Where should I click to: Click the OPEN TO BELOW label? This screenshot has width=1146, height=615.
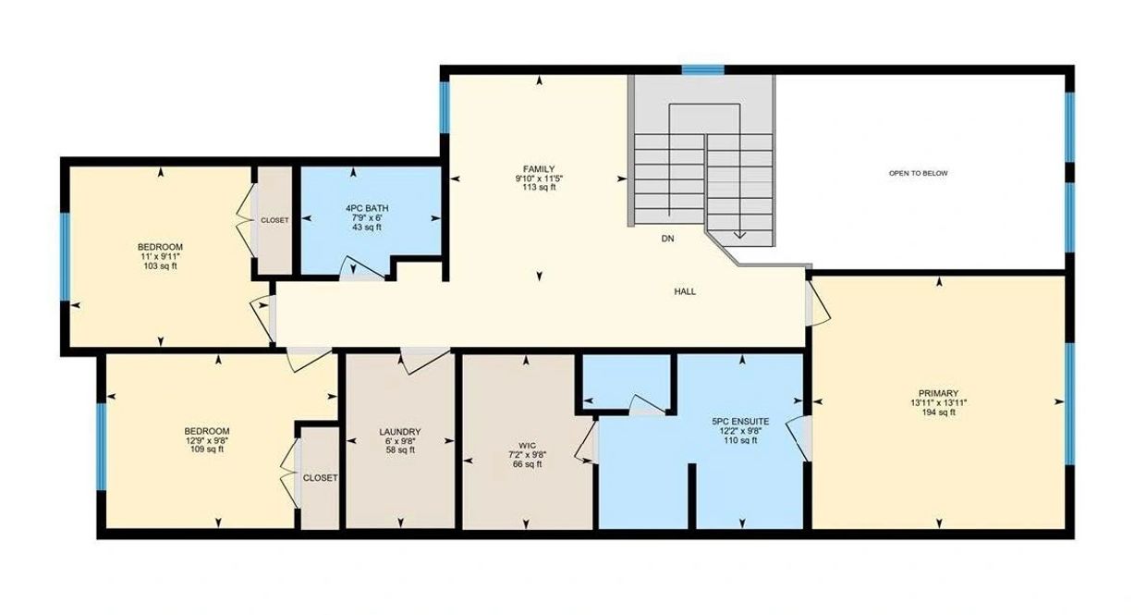click(918, 174)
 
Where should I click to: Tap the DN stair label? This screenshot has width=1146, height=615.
click(667, 239)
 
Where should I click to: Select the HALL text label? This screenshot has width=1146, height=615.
click(685, 292)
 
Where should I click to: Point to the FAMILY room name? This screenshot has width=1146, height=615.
click(539, 169)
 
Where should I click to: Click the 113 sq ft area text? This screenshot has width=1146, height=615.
click(539, 188)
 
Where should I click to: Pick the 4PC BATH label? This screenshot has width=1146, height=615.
click(367, 208)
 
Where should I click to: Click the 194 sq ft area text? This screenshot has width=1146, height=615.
click(938, 412)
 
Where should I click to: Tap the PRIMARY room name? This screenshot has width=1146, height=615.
click(938, 393)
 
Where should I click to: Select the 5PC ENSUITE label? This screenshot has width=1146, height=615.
click(740, 422)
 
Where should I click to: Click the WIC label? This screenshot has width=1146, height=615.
click(527, 446)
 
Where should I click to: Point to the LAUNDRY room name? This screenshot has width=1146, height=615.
click(400, 432)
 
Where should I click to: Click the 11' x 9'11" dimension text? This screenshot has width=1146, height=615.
click(161, 256)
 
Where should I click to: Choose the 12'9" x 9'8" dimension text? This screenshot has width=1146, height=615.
click(207, 440)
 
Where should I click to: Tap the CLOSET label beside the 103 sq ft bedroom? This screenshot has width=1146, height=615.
click(274, 220)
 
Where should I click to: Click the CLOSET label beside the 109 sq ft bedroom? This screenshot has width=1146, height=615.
click(321, 478)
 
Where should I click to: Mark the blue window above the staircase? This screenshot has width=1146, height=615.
click(703, 69)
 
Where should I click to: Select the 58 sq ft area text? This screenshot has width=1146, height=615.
click(400, 450)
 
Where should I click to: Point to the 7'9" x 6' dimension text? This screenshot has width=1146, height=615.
click(367, 217)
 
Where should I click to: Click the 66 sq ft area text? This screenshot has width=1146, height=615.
click(527, 464)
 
